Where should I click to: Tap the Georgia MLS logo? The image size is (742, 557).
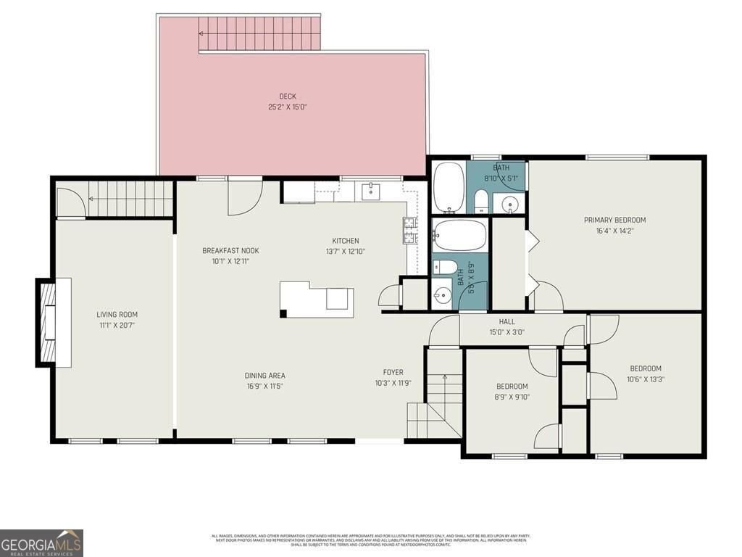coord(41,542)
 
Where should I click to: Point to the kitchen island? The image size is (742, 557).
coord(317,299)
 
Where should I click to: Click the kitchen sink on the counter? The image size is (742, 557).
coord(372,191)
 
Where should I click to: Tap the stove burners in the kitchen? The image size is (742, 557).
coord(410,230)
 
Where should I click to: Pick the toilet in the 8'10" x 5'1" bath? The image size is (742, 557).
coord(481,201)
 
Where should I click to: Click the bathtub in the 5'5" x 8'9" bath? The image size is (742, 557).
coord(459,236)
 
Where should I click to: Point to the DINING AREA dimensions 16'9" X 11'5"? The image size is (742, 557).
coord(264,386)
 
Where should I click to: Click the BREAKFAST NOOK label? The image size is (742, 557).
coord(230,251)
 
